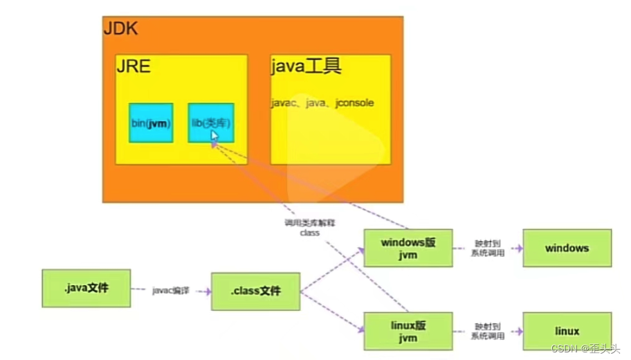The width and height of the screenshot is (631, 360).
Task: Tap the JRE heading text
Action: tap(133, 67)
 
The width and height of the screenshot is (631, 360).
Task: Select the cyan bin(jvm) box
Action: tap(151, 123)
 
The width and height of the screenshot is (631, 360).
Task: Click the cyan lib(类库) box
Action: tap(210, 123)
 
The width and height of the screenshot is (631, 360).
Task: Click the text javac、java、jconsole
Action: tap(322, 103)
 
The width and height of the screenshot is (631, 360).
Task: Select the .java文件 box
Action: tap(86, 288)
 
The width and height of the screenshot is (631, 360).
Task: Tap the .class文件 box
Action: tap(255, 291)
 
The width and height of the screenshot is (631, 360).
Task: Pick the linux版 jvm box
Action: tap(408, 330)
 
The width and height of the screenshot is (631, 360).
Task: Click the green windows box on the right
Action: tap(567, 249)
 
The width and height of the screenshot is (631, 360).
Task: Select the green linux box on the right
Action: tap(567, 331)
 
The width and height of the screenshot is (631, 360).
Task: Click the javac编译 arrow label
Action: tap(170, 291)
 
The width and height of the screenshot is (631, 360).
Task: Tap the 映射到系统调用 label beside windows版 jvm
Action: tap(488, 249)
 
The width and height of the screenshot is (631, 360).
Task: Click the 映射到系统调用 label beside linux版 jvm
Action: tap(488, 331)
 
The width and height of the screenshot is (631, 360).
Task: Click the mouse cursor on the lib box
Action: tap(214, 136)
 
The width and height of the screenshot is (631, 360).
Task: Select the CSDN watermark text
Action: tap(585, 348)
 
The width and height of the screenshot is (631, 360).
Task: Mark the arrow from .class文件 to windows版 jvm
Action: tap(332, 270)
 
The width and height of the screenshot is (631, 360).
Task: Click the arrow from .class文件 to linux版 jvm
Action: tap(332, 310)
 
